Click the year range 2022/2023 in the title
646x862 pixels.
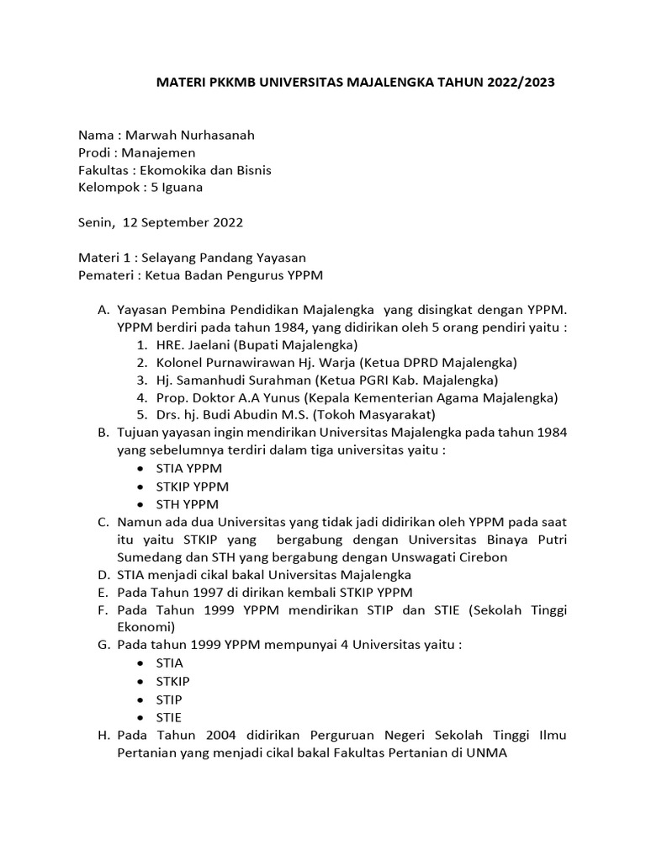pos(516,83)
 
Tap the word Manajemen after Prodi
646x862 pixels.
pos(158,152)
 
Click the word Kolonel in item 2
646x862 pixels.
pos(180,363)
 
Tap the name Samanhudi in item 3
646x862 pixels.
pos(209,380)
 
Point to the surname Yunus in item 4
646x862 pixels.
pos(282,397)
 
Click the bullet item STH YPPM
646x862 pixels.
pos(187,504)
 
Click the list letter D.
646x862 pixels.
pos(103,574)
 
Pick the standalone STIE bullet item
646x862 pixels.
pos(169,717)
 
